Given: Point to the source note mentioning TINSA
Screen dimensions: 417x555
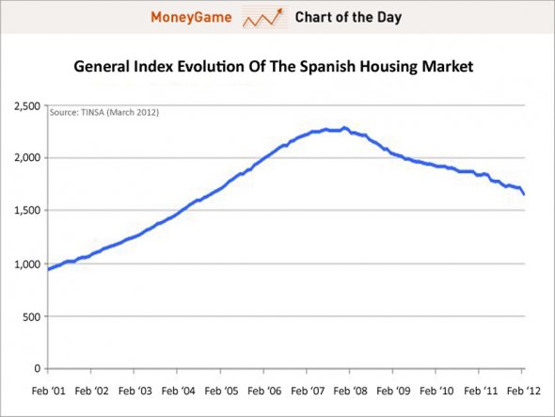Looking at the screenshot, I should [104, 113].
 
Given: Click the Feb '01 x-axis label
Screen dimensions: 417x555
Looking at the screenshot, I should [47, 388].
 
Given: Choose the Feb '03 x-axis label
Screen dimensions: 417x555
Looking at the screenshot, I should [134, 388].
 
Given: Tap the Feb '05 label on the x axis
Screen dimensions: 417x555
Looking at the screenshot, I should [221, 388].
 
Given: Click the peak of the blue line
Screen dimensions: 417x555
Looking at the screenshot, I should [344, 128].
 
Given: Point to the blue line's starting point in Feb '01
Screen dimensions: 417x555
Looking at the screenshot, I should [48, 269].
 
